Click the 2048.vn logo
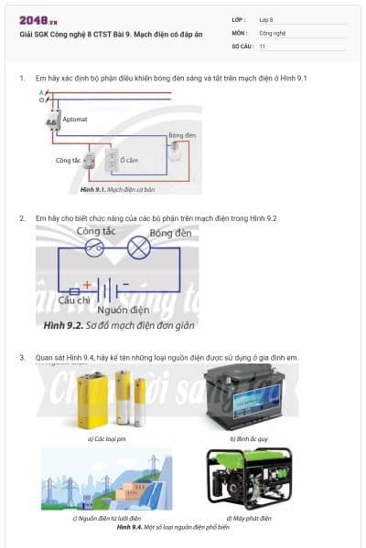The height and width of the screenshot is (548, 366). pos(36,20)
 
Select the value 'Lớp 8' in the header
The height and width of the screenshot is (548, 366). pos(266,19)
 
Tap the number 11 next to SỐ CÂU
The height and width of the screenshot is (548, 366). pos(263,45)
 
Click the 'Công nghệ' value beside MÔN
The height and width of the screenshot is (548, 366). pos(272,32)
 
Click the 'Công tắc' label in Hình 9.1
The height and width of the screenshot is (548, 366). pos(69,160)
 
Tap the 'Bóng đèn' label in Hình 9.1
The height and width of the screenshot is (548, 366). pos(183,134)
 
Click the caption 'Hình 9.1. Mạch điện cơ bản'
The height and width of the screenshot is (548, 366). pos(117,189)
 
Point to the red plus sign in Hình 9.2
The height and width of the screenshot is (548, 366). pos(87,284)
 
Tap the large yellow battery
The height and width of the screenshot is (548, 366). pos(91,400)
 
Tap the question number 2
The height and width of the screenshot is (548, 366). pos(22,218)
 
